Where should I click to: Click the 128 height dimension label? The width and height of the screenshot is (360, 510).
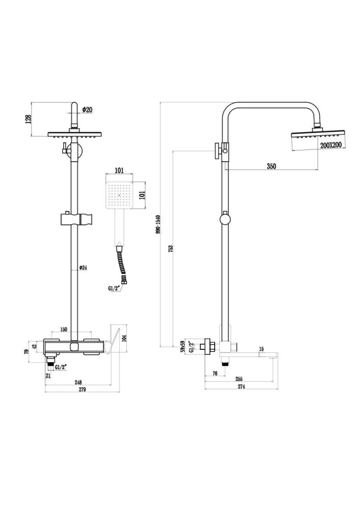point(29,119)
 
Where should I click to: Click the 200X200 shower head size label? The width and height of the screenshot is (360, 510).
point(331,145)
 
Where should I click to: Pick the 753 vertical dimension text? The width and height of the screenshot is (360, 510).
point(171,248)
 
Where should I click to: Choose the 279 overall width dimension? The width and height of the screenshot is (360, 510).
point(82,390)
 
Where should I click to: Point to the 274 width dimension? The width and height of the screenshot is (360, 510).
point(241,386)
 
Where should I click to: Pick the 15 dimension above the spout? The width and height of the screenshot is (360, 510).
point(261,349)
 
